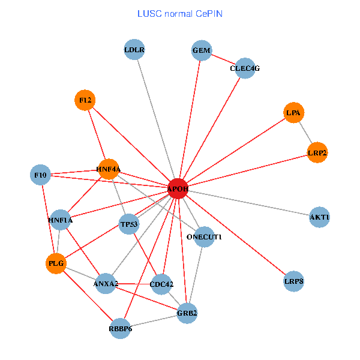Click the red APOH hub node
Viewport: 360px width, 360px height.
point(178,188)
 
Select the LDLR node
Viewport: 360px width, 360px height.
point(134,50)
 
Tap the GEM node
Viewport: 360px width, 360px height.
point(202,50)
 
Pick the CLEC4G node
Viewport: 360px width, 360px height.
point(245,68)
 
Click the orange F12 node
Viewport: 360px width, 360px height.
point(85,100)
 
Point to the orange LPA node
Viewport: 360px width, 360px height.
point(293,112)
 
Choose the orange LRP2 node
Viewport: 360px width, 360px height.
point(317,152)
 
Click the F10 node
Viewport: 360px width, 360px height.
point(40,175)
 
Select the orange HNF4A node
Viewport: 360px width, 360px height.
point(109,169)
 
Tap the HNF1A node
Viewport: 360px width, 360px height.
point(61,220)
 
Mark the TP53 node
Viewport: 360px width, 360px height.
point(130,224)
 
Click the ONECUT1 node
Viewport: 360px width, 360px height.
point(205,237)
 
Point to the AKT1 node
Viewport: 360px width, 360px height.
point(320,217)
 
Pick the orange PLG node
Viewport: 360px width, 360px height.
point(56,263)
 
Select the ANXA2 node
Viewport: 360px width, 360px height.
point(106,283)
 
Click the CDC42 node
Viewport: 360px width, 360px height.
point(161,283)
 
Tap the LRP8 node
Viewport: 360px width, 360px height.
point(293,281)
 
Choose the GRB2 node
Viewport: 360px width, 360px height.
point(187,313)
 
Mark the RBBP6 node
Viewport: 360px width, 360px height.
point(121,328)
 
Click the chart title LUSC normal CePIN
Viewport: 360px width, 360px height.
point(180,13)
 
